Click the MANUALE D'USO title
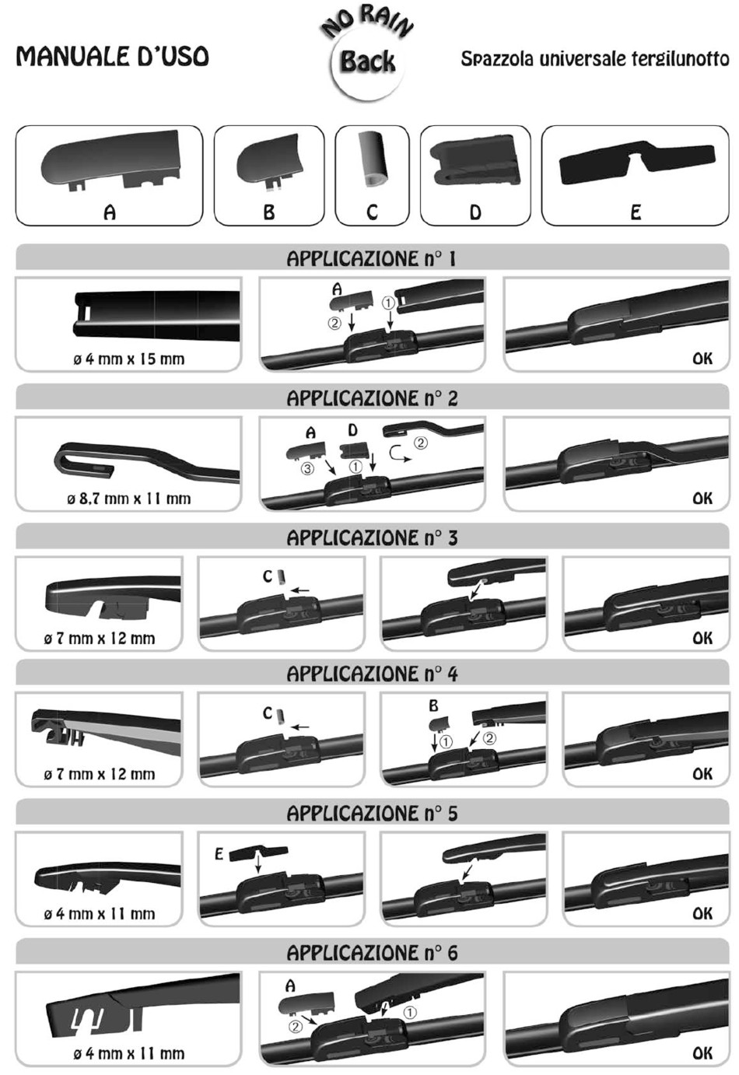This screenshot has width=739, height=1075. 113,56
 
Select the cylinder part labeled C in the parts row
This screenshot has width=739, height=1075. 373,159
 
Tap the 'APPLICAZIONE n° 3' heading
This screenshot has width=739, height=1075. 373,537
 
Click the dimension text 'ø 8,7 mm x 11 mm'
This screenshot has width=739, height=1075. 128,499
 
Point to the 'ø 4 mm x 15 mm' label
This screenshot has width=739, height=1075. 128,359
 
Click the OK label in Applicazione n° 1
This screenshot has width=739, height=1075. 702,358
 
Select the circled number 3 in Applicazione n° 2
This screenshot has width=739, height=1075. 307,467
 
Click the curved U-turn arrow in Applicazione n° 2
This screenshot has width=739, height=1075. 399,454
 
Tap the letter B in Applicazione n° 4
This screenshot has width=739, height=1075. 433,706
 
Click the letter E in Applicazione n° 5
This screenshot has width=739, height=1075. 219,854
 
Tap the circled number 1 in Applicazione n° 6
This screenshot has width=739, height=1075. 410,1012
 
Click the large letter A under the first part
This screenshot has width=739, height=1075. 110,212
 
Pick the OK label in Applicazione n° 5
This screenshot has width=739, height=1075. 702,913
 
